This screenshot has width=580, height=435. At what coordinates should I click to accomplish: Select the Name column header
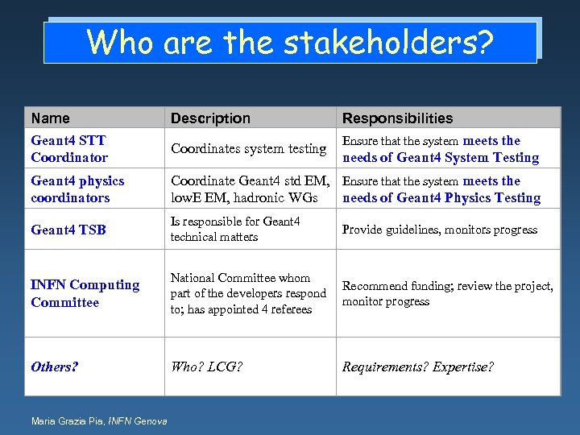coord(50,118)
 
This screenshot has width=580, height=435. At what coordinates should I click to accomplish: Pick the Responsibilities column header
coord(397,118)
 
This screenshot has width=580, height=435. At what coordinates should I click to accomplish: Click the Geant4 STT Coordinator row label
coord(69,149)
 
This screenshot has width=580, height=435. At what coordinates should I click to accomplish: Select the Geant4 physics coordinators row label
coord(77,189)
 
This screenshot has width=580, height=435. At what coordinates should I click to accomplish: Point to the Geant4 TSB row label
coord(68,230)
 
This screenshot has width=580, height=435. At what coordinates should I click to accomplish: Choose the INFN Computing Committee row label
coord(85,293)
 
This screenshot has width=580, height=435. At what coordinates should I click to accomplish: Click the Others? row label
coord(54,367)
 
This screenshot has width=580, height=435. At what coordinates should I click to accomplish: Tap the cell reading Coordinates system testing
coord(248,149)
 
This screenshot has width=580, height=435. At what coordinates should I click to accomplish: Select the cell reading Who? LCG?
coord(206,367)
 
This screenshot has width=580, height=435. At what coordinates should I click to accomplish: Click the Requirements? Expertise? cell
coord(417,367)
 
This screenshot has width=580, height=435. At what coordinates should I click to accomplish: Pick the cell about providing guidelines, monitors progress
coord(439,230)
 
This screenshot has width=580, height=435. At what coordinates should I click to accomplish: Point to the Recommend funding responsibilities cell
coord(447,293)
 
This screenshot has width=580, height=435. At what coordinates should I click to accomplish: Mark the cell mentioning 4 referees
coord(248,293)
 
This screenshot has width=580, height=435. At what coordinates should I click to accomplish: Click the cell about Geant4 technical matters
coord(234,230)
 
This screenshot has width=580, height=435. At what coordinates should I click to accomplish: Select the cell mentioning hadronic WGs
coord(250,189)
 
